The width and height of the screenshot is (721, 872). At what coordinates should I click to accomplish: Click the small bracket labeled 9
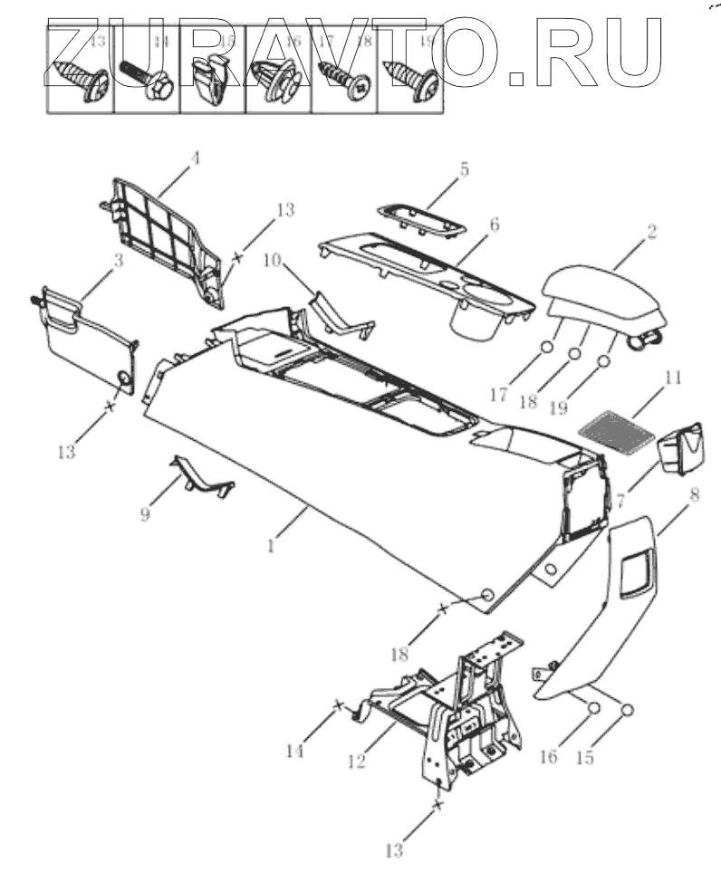pos(201,475)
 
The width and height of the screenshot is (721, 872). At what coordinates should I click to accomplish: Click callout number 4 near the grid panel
pos(193,158)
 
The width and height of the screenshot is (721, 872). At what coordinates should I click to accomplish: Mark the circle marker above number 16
pos(593,707)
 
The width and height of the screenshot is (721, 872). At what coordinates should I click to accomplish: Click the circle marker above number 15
pos(627,708)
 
